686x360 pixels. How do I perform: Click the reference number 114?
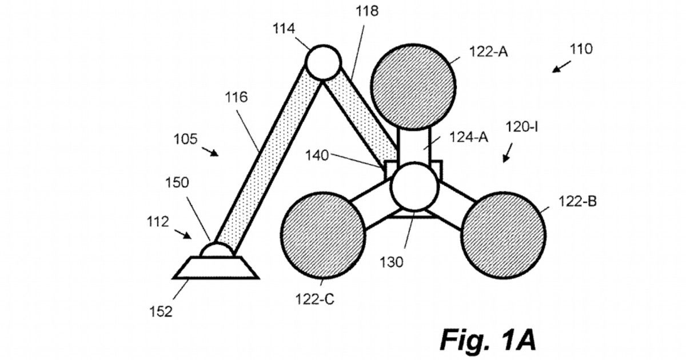[284, 29]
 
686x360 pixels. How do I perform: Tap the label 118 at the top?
[367, 11]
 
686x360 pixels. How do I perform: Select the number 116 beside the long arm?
[236, 97]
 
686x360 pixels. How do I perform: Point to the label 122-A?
[488, 52]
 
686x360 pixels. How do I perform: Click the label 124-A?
[469, 137]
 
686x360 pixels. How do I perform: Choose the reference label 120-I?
[522, 127]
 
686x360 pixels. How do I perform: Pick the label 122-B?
[577, 201]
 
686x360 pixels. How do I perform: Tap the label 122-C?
[314, 299]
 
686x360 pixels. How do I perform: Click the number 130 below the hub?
[392, 262]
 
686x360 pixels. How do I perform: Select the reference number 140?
[317, 155]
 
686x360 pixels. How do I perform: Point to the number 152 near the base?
[161, 311]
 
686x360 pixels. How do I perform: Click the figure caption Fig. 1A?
[488, 339]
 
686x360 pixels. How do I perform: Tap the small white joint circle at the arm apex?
[323, 62]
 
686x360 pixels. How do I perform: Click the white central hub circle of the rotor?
[414, 186]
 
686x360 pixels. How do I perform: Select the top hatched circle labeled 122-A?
[413, 87]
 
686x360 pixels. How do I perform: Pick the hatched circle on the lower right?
[503, 235]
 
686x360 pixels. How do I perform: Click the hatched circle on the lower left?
[323, 235]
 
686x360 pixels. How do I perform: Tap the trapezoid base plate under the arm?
[216, 267]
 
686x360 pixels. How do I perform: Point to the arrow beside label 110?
[561, 66]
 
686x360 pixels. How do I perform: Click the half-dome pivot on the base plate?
[217, 250]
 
